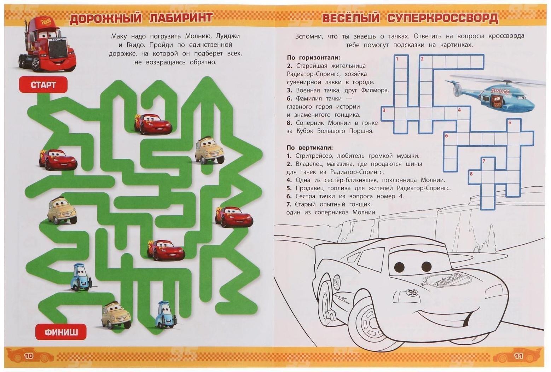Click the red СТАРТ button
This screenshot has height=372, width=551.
[x=43, y=85]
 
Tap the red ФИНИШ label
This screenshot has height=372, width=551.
[x=61, y=332]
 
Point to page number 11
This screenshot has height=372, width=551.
[x=518, y=356]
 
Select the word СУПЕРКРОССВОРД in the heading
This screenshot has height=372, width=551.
[x=443, y=18]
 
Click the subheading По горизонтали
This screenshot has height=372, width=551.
[x=313, y=58]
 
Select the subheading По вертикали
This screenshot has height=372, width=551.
[x=310, y=148]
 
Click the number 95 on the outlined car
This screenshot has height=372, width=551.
[x=412, y=292]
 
